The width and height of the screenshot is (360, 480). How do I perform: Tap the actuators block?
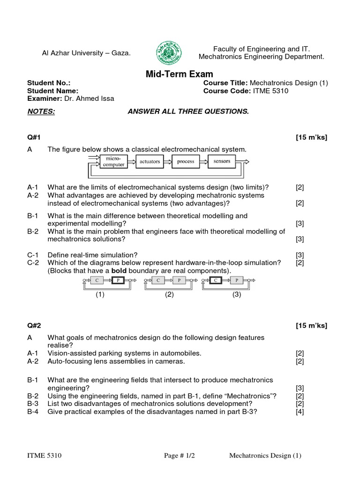[x=150, y=162]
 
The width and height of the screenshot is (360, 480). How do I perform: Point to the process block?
[x=186, y=162]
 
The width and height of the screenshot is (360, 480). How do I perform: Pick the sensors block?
[x=222, y=162]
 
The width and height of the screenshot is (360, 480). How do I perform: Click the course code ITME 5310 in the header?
[x=271, y=91]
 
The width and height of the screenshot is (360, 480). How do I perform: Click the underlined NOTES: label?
[x=41, y=112]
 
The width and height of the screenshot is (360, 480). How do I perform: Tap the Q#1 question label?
[x=34, y=137]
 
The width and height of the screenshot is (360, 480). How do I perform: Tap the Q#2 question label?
[x=34, y=326]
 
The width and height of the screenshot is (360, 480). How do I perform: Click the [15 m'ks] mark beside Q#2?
[x=311, y=326]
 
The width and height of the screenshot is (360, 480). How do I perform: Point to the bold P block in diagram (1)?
[x=117, y=280]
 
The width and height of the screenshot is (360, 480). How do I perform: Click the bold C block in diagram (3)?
[x=216, y=280]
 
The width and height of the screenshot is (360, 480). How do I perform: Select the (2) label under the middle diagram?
[x=169, y=295]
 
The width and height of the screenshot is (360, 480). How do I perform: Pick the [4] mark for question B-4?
[x=300, y=412]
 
